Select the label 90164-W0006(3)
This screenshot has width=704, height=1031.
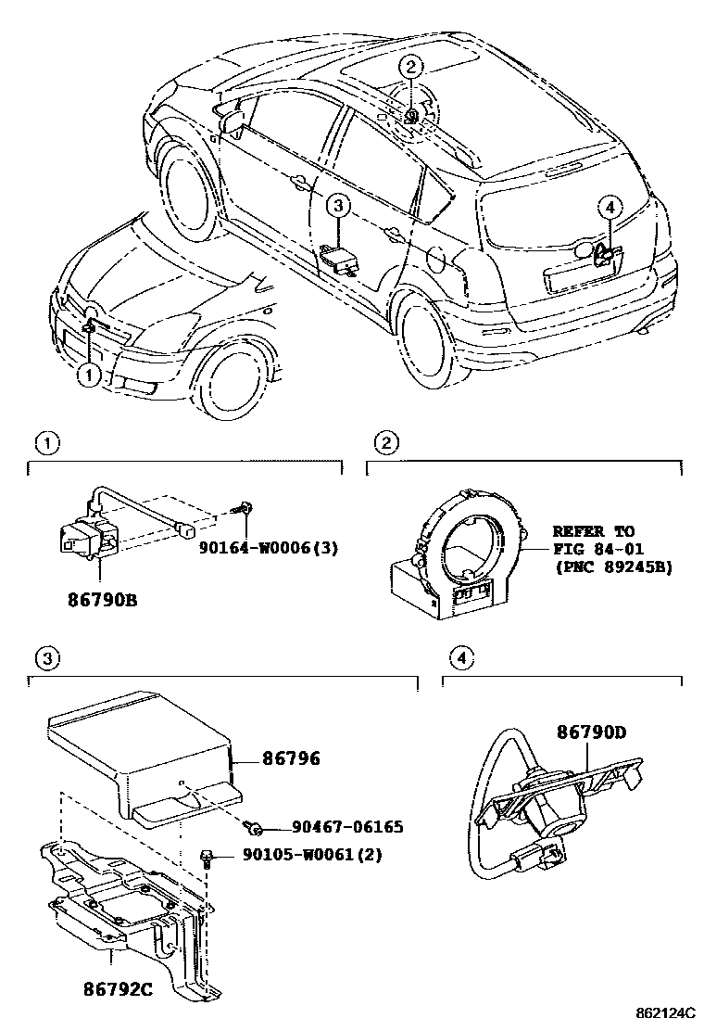[268, 547]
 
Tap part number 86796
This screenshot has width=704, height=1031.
[291, 759]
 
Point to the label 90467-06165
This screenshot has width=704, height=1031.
[347, 826]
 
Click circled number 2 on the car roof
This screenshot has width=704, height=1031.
[411, 65]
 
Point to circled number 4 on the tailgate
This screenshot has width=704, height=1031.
[610, 207]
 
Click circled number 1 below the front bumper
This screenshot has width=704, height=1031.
[89, 375]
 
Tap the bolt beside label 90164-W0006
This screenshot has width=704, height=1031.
[245, 508]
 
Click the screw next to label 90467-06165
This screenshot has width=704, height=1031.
[254, 824]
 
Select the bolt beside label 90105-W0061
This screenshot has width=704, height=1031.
[208, 856]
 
